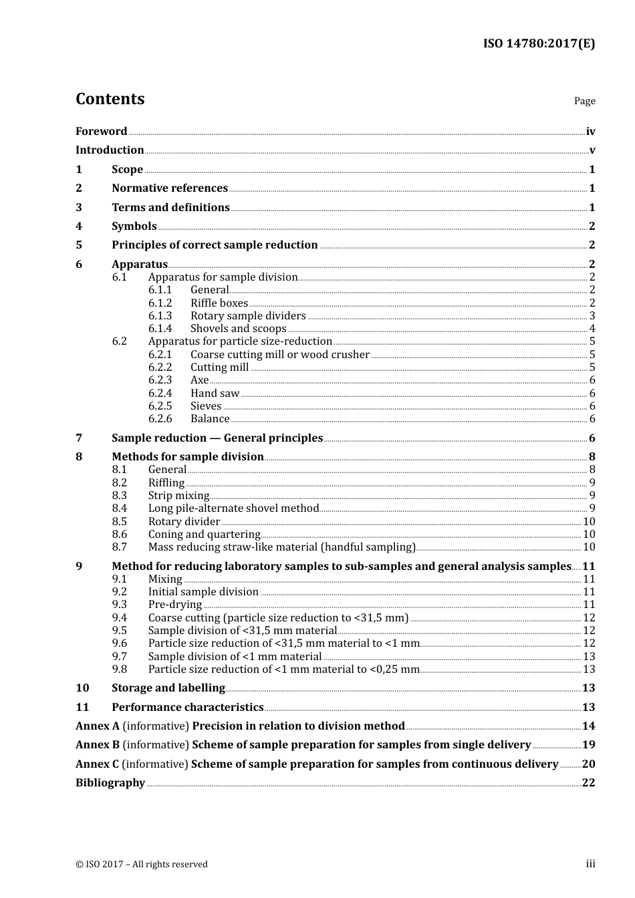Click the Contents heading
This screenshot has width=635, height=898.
pos(110,99)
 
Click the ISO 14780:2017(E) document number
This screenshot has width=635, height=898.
pos(539,43)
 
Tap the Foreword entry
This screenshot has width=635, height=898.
pos(101,131)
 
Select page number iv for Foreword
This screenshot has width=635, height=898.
pos(590,131)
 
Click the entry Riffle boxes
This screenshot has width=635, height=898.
pos(219,303)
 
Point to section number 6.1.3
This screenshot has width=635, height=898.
pos(160,315)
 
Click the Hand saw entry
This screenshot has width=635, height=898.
pos(215,393)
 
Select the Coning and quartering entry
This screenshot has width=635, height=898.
pos(204,534)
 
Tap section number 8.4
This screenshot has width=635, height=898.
pos(119,508)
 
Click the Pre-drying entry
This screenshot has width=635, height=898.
pos(174,604)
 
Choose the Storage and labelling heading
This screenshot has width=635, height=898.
pos(168,688)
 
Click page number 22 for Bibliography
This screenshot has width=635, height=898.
pos(588,782)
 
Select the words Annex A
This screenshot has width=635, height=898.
pos(98,726)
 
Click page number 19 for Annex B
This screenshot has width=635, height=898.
pos(588,744)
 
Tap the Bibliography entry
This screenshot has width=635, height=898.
pos(110,782)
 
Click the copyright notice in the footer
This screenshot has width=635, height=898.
pos(142,864)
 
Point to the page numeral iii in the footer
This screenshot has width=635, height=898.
pos(590,864)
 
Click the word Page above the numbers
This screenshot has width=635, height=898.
pos(584,101)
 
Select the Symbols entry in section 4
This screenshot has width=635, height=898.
pos(134,226)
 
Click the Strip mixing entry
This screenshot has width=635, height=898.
pos(178,495)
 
